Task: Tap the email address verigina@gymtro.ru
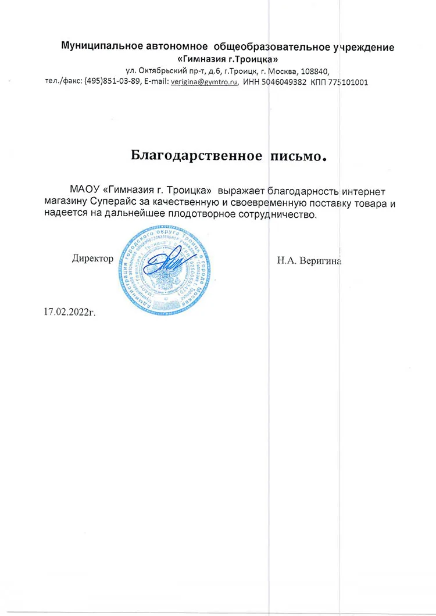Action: pyautogui.click(x=205, y=82)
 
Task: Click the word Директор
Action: pyautogui.click(x=92, y=259)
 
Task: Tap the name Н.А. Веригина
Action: pyautogui.click(x=309, y=260)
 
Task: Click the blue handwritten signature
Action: pyautogui.click(x=169, y=264)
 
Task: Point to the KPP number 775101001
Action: pyautogui.click(x=348, y=82)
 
